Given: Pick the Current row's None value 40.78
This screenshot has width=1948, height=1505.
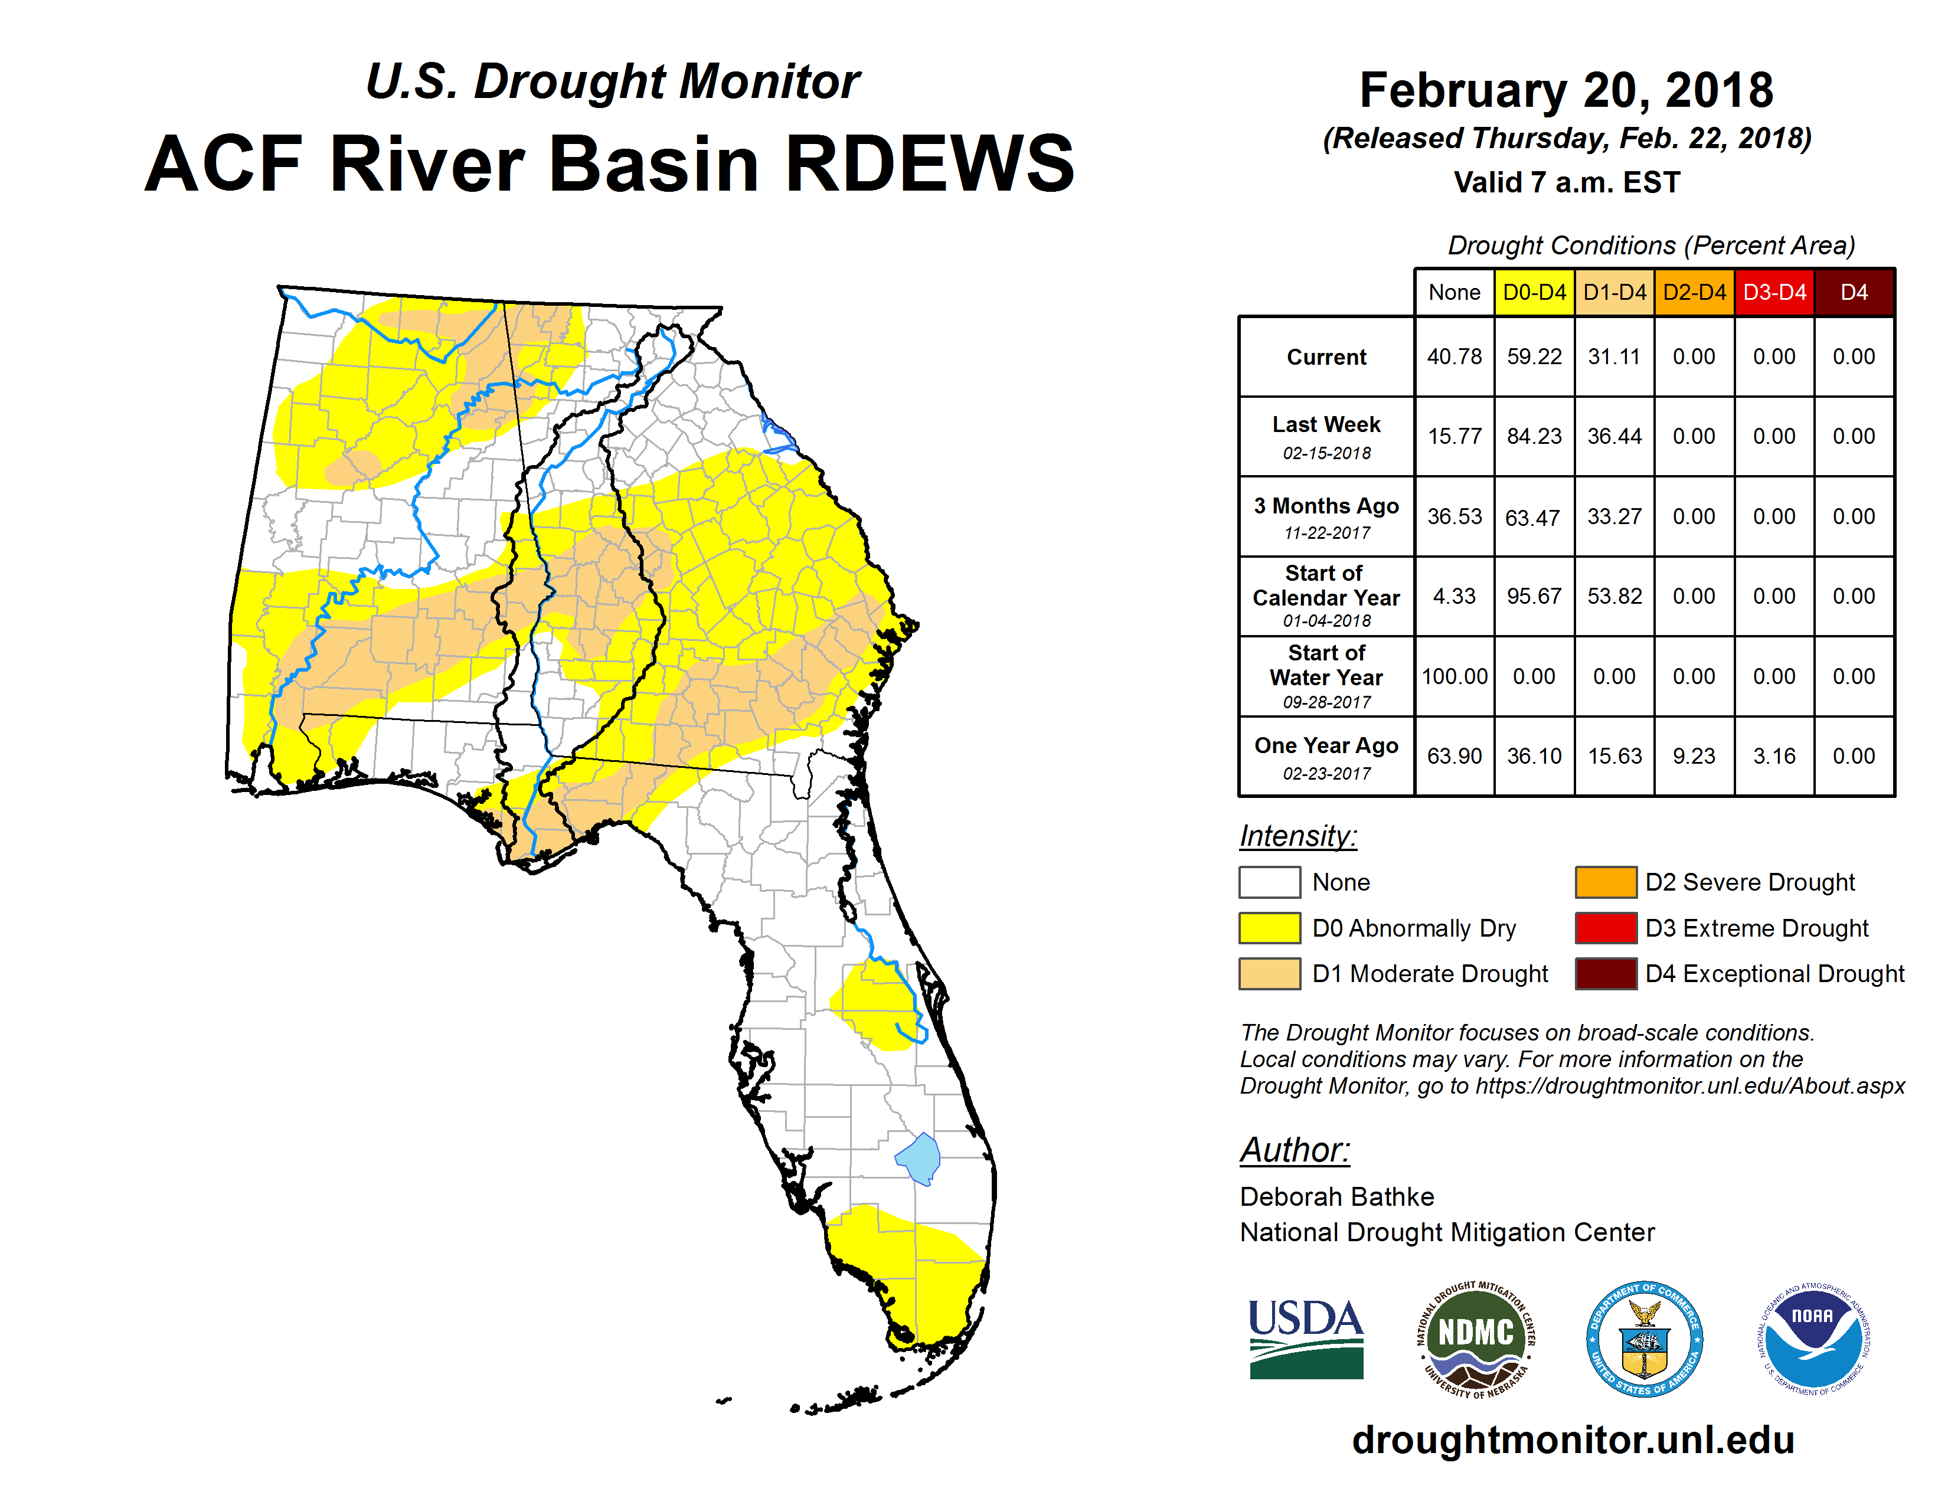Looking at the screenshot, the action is coord(1454,356).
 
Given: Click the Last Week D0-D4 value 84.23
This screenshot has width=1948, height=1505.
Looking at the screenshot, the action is coord(1534,436).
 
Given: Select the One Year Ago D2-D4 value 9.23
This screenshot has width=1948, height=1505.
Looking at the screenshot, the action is coord(1694,756).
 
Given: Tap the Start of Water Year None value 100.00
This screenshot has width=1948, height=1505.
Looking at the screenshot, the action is coord(1454,676).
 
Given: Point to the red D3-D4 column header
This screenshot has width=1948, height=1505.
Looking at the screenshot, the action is coord(1774,292).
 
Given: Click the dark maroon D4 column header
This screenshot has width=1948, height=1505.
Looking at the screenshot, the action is coord(1854,292).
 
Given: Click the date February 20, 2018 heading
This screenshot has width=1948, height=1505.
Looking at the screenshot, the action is coord(1566,91).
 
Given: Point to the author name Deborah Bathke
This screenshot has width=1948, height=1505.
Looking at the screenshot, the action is coord(1337,1196).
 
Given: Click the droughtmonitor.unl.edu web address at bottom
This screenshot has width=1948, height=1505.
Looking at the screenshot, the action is coord(1573,1441).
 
